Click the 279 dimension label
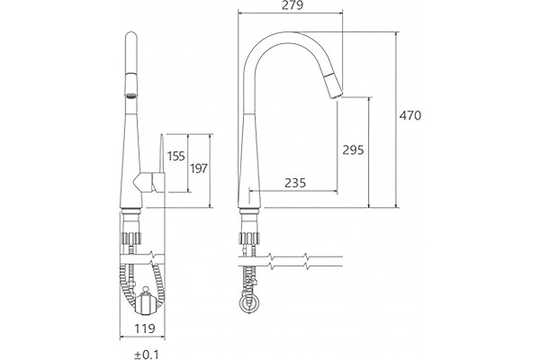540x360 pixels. pyautogui.click(x=292, y=5)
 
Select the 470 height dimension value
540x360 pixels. pyautogui.click(x=410, y=115)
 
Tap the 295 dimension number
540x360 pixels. pyautogui.click(x=353, y=150)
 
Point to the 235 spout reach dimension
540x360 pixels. pyautogui.click(x=295, y=183)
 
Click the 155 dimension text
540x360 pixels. pyautogui.click(x=176, y=156)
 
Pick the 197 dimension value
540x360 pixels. pyautogui.click(x=199, y=168)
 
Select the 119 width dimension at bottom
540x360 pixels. pyautogui.click(x=145, y=328)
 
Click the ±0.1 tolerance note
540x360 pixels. pyautogui.click(x=147, y=355)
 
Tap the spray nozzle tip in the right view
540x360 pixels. pyautogui.click(x=337, y=94)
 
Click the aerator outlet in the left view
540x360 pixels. pyautogui.click(x=130, y=95)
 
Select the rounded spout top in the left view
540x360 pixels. pyautogui.click(x=130, y=37)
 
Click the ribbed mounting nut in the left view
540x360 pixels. pyautogui.click(x=130, y=238)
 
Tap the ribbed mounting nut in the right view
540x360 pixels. pyautogui.click(x=248, y=238)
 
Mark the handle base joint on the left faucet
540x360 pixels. pyautogui.click(x=143, y=183)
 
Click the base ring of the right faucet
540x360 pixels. pyautogui.click(x=249, y=211)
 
